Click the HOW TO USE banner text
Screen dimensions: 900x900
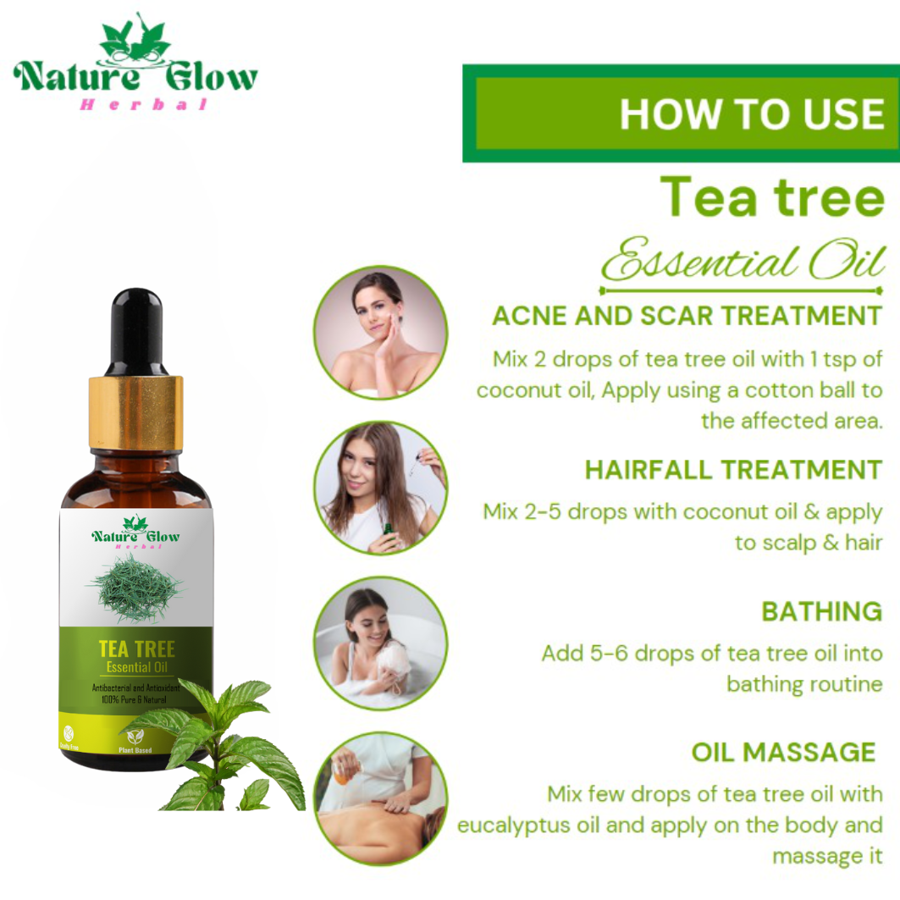pos(751,114)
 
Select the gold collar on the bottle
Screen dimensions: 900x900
pos(135,413)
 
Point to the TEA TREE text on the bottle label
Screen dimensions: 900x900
pos(136,649)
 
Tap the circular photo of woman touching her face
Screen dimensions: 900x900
pos(380,333)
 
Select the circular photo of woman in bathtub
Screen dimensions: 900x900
pos(380,643)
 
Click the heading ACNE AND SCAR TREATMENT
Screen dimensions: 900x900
pos(687,316)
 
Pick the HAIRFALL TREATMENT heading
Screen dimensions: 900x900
pos(733,470)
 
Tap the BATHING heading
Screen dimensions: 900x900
pos(821,611)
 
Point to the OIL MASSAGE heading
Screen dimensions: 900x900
pos(783,752)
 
